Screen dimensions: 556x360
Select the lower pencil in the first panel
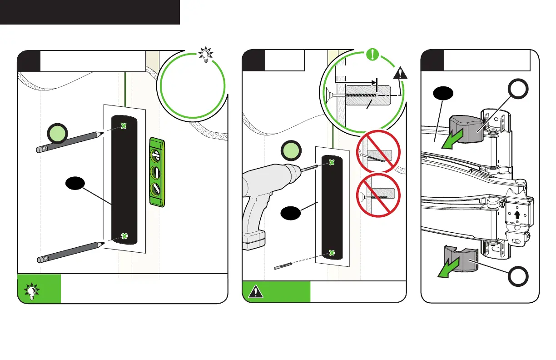(68, 252)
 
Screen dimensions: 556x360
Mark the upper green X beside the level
(123, 126)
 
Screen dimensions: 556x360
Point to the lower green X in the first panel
(124, 236)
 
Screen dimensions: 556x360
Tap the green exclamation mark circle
(372, 55)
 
